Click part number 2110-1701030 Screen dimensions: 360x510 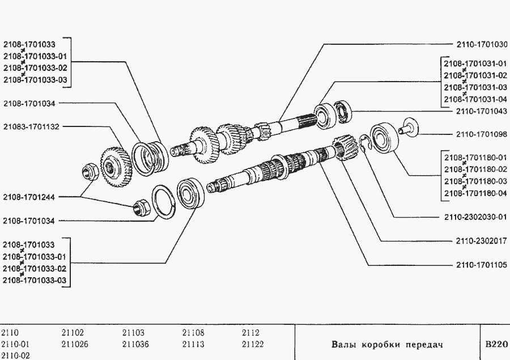click(x=481, y=44)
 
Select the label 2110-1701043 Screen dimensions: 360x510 click(x=481, y=112)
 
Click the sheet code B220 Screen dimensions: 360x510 click(x=496, y=344)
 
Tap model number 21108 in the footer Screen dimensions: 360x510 click(x=193, y=333)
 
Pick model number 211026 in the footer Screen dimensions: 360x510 click(x=74, y=344)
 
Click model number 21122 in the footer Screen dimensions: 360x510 click(x=252, y=344)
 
